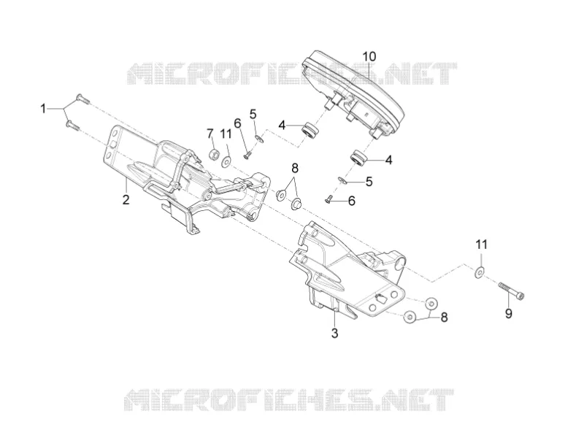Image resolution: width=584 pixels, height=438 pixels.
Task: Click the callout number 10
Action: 369,57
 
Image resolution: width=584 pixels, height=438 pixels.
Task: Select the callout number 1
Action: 43,109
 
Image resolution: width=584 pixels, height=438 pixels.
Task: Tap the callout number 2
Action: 126,199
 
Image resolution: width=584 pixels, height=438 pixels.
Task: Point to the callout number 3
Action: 334,333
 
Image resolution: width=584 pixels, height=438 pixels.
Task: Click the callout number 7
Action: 210,133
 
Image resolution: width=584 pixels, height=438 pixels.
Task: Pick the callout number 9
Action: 508,313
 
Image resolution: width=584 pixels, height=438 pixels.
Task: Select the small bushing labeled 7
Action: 214,154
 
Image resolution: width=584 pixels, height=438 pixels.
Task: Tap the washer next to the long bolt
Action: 480,272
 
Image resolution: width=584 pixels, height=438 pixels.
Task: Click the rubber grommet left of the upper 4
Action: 310,131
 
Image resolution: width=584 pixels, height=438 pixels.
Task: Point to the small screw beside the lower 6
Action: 328,199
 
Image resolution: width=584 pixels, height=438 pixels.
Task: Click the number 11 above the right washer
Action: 481,245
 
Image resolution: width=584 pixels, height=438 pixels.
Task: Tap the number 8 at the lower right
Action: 444,318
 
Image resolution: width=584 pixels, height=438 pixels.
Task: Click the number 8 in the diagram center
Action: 295,169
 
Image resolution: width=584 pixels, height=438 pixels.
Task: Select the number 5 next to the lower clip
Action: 369,181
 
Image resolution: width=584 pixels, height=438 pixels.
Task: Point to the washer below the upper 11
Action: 226,161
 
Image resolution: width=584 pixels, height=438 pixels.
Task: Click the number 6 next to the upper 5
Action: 238,123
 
